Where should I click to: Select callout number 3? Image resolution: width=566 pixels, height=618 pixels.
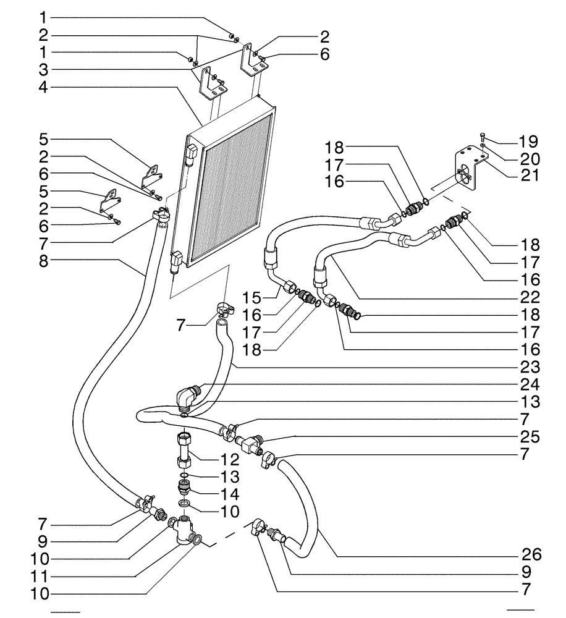point(43,69)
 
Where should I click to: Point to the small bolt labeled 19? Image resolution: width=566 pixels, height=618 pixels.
point(482,135)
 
